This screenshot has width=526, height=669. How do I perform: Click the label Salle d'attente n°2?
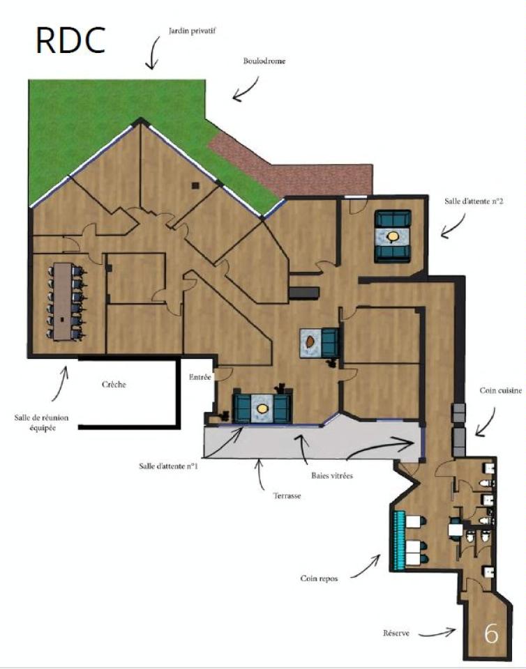pyautogui.click(x=474, y=202)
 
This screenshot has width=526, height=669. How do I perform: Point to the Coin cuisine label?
pyautogui.click(x=496, y=391)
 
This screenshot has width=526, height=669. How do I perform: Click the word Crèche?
pyautogui.click(x=114, y=385)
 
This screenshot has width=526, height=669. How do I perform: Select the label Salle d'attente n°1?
pyautogui.click(x=168, y=466)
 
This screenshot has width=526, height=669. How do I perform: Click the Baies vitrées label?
pyautogui.click(x=331, y=476)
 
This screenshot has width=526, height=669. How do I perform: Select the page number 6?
pyautogui.click(x=491, y=633)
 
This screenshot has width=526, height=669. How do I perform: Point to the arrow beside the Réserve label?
pyautogui.click(x=436, y=633)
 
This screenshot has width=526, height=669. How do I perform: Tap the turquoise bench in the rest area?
pyautogui.click(x=400, y=539)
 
